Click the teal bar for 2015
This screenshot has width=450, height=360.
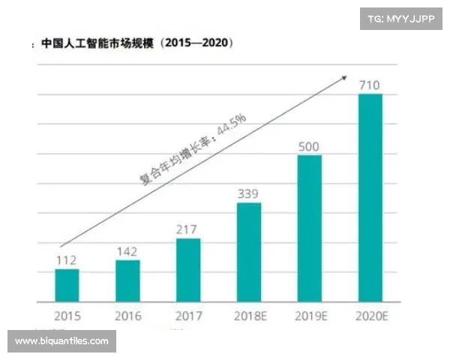tap(67, 284)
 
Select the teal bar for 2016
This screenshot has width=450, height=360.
tap(127, 280)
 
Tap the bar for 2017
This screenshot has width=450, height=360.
tap(188, 269)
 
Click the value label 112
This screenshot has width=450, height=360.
tap(67, 260)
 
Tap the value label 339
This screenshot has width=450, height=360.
tap(249, 193)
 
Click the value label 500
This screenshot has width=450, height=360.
tap(310, 145)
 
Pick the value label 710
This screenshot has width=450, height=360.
tap(370, 84)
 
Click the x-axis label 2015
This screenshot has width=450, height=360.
tap(67, 316)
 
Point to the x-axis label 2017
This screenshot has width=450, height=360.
tap(188, 316)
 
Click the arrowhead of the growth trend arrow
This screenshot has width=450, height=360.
tap(344, 76)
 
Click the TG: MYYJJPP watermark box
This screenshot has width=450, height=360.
tap(401, 18)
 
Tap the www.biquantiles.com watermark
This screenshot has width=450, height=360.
tap(62, 341)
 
